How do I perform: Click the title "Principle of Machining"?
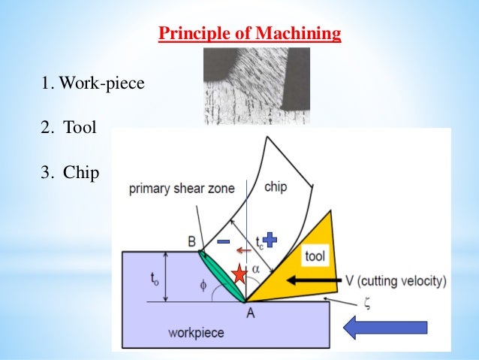tap(250, 35)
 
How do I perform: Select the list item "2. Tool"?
tap(69, 129)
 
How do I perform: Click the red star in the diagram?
tap(239, 274)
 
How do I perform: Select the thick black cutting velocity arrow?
tap(311, 281)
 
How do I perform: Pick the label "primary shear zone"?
tap(179, 189)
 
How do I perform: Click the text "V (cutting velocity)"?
tap(396, 281)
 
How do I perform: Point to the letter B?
tap(191, 242)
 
